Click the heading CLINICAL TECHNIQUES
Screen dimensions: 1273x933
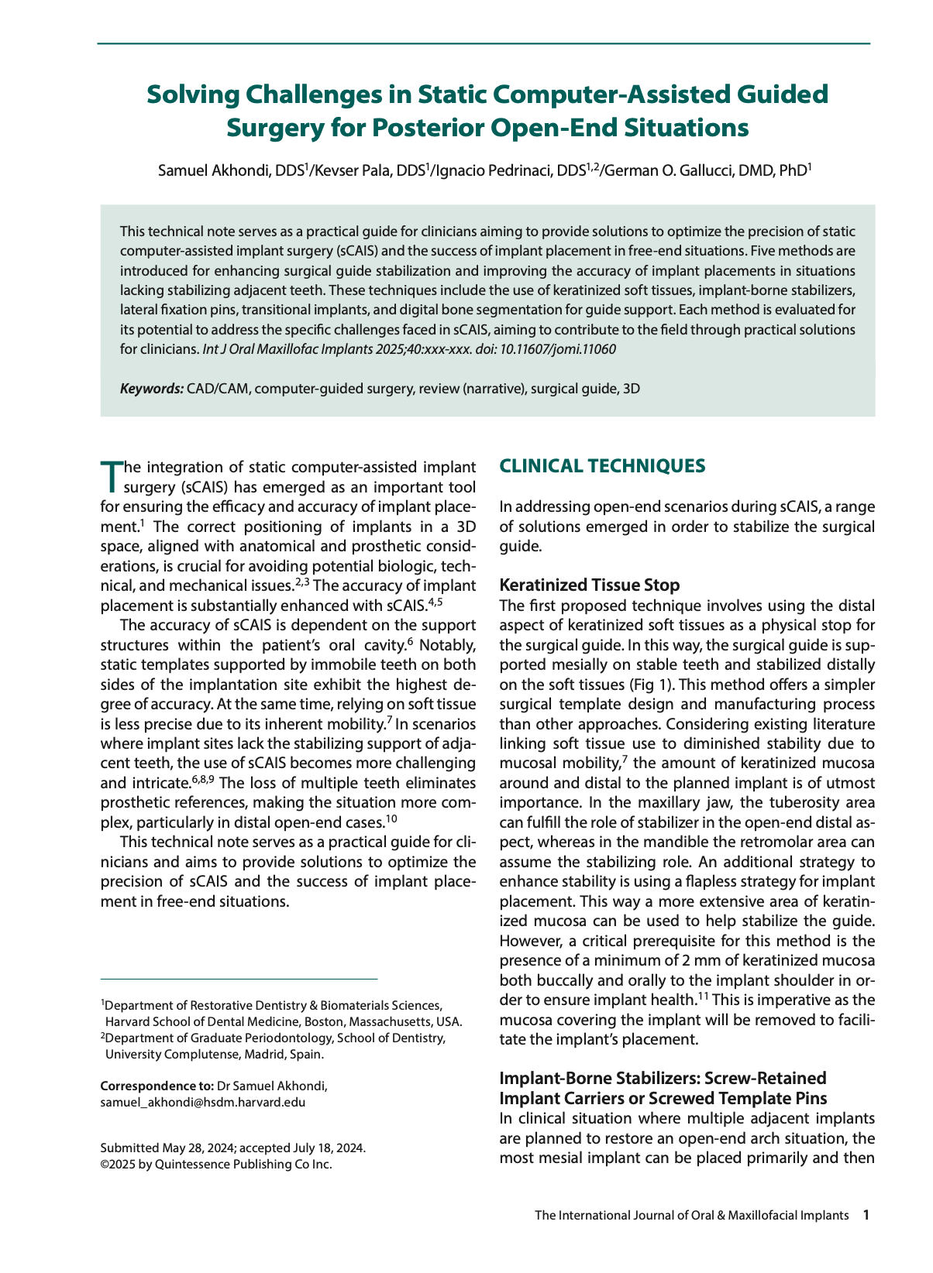tap(602, 465)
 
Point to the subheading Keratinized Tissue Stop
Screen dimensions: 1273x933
tap(590, 585)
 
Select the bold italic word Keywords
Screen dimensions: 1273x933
tap(152, 389)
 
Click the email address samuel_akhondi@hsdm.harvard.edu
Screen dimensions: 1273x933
tap(203, 1102)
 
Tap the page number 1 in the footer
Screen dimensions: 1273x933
tap(866, 1215)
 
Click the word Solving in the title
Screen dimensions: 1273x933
tap(192, 94)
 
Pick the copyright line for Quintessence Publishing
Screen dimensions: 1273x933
tap(216, 1164)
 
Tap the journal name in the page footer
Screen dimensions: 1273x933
tap(691, 1215)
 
